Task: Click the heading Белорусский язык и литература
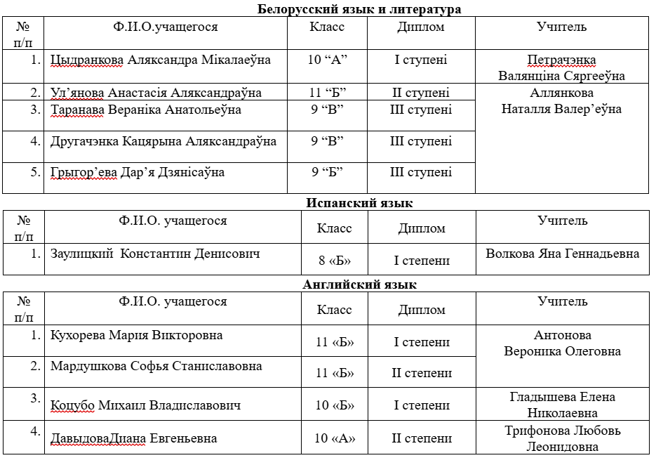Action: pyautogui.click(x=359, y=9)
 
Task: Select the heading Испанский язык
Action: pyautogui.click(x=359, y=203)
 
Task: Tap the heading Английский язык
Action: pyautogui.click(x=359, y=284)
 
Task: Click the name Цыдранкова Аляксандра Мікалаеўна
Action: pyautogui.click(x=161, y=60)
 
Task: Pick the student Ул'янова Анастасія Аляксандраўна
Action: pyautogui.click(x=156, y=93)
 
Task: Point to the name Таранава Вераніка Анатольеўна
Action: pyautogui.click(x=146, y=110)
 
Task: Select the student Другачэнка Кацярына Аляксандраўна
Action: pyautogui.click(x=163, y=141)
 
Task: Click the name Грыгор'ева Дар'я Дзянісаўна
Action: pyautogui.click(x=138, y=172)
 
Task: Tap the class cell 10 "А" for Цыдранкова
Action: pyautogui.click(x=328, y=60)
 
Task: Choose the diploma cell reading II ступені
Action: pyautogui.click(x=421, y=93)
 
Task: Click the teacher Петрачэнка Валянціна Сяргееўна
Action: pyautogui.click(x=561, y=68)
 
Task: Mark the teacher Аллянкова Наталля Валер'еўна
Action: pyautogui.click(x=561, y=101)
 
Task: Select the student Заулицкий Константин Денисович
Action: pyautogui.click(x=155, y=254)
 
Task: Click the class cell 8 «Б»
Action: pyautogui.click(x=335, y=261)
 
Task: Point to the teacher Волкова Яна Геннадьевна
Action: pyautogui.click(x=563, y=254)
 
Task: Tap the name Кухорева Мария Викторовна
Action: pyautogui.click(x=137, y=335)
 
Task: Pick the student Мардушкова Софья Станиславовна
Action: pyautogui.click(x=156, y=366)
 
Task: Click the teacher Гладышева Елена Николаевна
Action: pyautogui.click(x=563, y=405)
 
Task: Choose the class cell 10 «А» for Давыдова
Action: pyautogui.click(x=335, y=439)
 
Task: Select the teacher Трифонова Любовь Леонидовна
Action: pyautogui.click(x=563, y=438)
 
